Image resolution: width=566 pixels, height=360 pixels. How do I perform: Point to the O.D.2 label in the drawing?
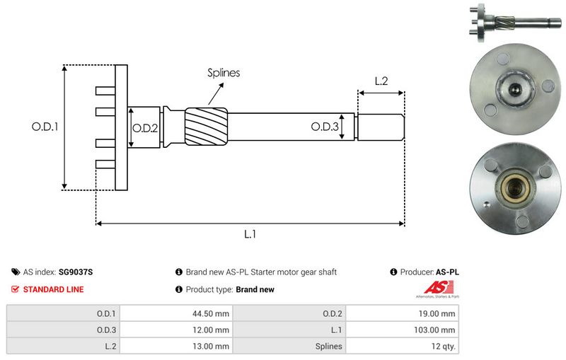(x=145, y=127)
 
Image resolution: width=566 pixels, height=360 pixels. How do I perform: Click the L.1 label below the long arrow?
(x=249, y=234)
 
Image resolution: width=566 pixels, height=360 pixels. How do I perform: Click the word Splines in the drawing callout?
(x=224, y=73)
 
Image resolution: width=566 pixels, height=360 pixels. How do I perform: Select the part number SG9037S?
(x=76, y=272)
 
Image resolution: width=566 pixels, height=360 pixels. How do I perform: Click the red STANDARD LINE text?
(x=53, y=289)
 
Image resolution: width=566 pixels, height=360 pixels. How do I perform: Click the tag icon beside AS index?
(x=16, y=272)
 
